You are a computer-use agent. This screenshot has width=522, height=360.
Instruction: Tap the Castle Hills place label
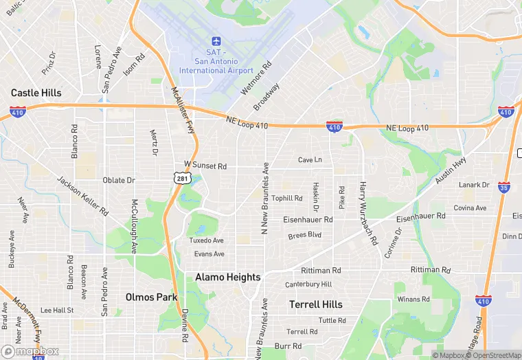point(36,93)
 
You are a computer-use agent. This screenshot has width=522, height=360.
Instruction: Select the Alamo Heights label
point(228,277)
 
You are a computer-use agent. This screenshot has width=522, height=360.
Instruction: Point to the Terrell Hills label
point(315,304)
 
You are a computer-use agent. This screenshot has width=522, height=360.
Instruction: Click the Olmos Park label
point(151,297)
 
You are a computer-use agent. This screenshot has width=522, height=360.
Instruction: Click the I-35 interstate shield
point(505,186)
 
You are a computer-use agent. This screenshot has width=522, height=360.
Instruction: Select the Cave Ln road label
point(310,160)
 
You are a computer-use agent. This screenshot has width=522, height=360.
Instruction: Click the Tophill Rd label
point(286,198)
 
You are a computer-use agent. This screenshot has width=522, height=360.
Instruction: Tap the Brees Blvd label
point(305,235)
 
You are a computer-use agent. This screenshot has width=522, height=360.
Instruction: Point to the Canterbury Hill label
point(308,284)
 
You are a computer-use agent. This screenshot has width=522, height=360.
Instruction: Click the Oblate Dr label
point(119,180)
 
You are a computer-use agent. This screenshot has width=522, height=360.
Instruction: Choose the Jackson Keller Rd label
point(82,198)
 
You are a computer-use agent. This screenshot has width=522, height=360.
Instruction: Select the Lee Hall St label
point(57,311)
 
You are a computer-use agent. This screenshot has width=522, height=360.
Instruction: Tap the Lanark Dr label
point(475,185)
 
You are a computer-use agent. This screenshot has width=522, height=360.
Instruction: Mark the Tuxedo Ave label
point(207,240)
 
